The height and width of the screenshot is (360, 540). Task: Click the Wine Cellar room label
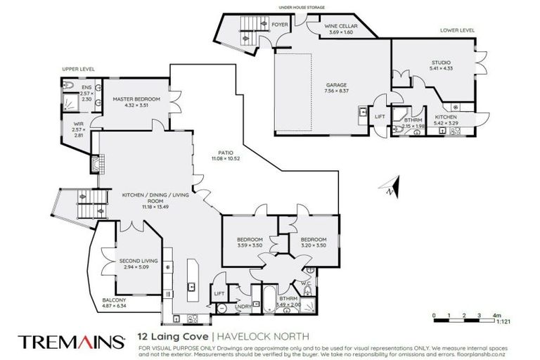[x=341, y=28]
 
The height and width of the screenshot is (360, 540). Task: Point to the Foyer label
[x=281, y=24]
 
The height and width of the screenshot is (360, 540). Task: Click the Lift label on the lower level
[x=379, y=117]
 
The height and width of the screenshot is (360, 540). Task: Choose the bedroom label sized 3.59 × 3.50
[x=250, y=241]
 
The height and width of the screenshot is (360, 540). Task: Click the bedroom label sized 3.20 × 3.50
[x=314, y=241]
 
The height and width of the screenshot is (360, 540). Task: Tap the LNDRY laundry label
[x=243, y=306]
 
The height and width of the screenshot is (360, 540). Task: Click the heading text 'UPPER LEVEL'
[x=78, y=69]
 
